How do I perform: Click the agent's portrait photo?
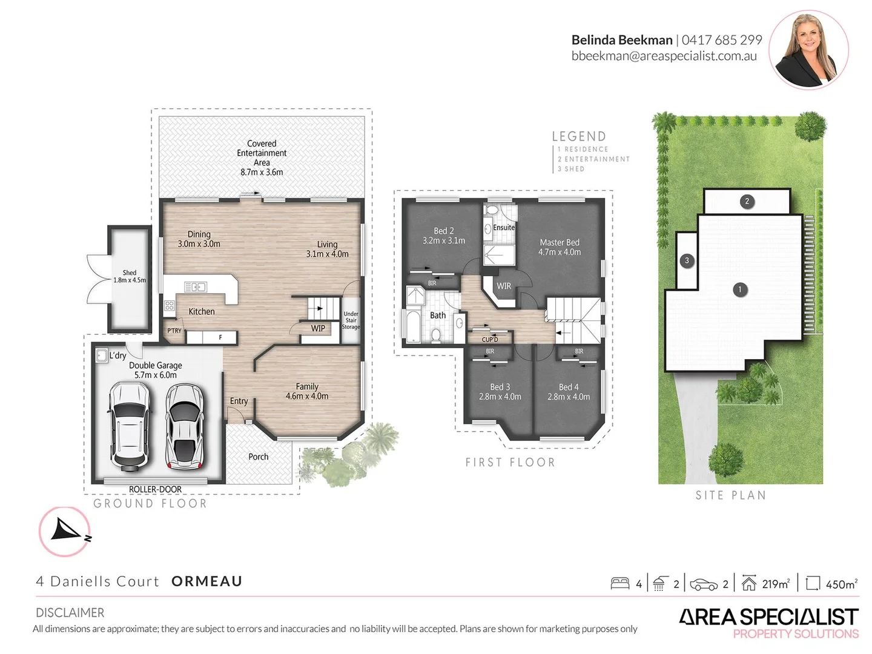(x=808, y=49)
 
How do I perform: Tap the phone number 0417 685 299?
(x=722, y=40)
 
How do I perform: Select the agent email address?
(x=664, y=56)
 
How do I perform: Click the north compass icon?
(x=65, y=531)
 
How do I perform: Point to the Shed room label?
(x=130, y=276)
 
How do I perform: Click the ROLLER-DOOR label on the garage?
(x=155, y=489)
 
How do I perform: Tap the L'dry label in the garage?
(x=117, y=355)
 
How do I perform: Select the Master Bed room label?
(x=560, y=247)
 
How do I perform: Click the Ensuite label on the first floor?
(x=504, y=228)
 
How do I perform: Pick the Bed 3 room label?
(x=500, y=391)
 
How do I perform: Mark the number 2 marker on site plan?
(x=747, y=201)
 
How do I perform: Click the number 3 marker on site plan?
(x=686, y=261)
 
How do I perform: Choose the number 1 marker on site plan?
(x=739, y=289)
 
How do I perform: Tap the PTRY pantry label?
(x=174, y=331)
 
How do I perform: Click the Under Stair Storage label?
(x=351, y=320)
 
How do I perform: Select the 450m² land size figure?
(x=841, y=584)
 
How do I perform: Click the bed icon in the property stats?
(x=620, y=584)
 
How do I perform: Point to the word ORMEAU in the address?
(x=207, y=581)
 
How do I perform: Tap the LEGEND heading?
(x=579, y=137)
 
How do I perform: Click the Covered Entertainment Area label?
(x=262, y=157)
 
